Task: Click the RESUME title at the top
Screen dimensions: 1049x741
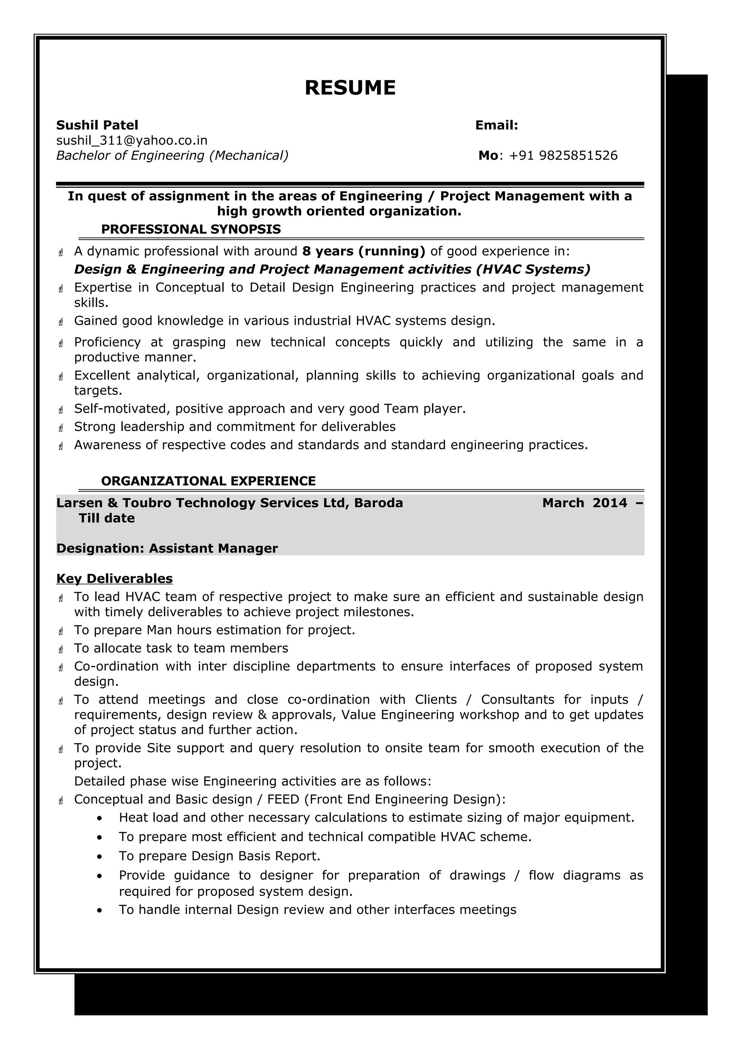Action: (x=350, y=88)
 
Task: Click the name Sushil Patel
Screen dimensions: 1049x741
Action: (x=97, y=125)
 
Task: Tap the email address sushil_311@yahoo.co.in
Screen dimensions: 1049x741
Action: (x=131, y=140)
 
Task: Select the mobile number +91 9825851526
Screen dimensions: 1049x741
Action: (x=563, y=156)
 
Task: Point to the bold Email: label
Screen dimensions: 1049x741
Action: (x=496, y=125)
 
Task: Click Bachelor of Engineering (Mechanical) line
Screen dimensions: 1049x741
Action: (x=172, y=156)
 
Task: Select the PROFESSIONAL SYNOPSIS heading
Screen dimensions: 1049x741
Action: (x=191, y=229)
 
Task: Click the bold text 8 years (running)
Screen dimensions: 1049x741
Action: (x=363, y=251)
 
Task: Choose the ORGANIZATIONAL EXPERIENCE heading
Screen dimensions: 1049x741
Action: (x=208, y=481)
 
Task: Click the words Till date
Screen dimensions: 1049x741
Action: (x=106, y=518)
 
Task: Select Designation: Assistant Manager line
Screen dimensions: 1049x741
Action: (x=167, y=548)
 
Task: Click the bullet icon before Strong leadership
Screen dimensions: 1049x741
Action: (x=61, y=427)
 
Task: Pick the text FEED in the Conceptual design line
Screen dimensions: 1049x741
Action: (x=283, y=800)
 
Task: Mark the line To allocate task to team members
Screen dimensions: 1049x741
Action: (x=181, y=648)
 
